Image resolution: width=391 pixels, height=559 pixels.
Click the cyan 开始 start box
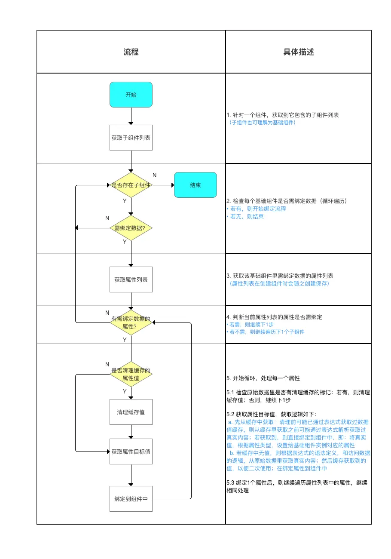click(131, 95)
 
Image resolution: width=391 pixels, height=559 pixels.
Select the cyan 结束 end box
click(195, 185)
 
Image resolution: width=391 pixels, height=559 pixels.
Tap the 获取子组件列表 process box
click(131, 138)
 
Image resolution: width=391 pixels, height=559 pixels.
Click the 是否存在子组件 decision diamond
click(131, 185)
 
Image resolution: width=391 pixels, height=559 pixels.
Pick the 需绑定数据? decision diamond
click(131, 228)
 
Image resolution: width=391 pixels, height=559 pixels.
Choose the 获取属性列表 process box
click(131, 279)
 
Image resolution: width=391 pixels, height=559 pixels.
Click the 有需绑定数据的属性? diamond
click(131, 322)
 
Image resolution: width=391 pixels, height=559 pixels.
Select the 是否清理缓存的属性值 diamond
click(131, 374)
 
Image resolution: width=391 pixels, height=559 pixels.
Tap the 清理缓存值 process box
click(131, 412)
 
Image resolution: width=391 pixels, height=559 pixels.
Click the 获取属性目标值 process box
click(131, 451)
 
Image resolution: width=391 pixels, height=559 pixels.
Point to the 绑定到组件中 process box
click(131, 499)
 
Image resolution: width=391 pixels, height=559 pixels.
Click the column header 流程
click(131, 52)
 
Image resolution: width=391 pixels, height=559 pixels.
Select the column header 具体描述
click(299, 52)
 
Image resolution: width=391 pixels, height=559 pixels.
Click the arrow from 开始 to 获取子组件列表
click(131, 116)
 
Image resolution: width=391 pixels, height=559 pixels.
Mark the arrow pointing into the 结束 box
click(163, 185)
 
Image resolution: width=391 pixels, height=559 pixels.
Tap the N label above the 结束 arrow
click(155, 175)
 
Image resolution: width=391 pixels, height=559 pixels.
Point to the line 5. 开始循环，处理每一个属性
click(263, 378)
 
